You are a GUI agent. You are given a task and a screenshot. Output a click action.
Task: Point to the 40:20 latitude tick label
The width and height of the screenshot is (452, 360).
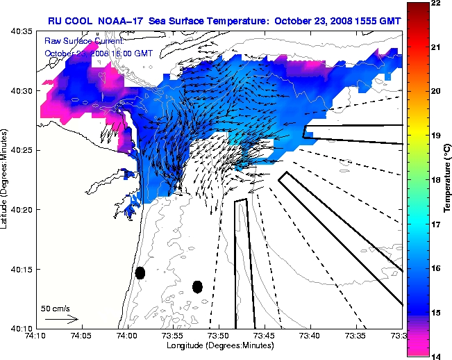click(x=22, y=209)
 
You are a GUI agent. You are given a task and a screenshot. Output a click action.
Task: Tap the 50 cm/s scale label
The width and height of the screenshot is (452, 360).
click(x=56, y=308)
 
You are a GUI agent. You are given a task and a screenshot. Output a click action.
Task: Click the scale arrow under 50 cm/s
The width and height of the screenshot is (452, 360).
click(x=61, y=319)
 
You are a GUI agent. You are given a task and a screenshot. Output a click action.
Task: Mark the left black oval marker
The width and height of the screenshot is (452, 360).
click(x=140, y=272)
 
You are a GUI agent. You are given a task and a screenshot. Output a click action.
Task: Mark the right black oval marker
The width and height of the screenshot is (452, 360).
click(x=197, y=286)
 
